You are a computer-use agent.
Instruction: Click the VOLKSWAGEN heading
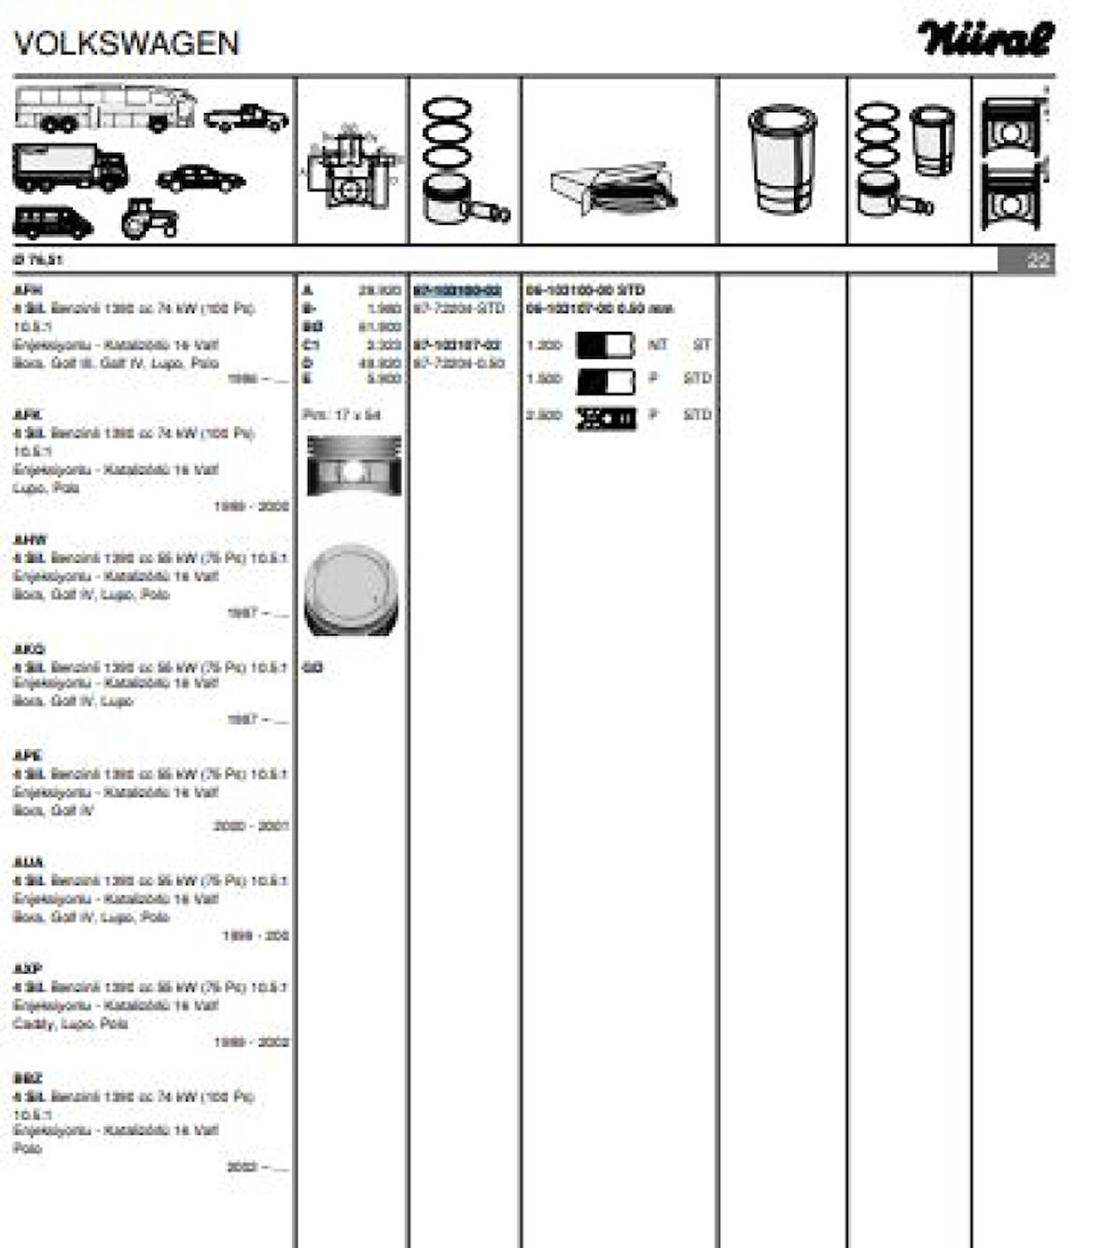click(x=127, y=43)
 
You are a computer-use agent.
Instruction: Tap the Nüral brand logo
click(x=985, y=39)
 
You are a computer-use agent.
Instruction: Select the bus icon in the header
click(x=105, y=108)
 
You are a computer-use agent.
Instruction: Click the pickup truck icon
click(x=246, y=118)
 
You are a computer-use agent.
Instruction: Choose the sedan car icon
click(x=201, y=178)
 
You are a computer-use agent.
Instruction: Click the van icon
click(x=52, y=222)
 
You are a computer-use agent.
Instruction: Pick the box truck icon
click(x=70, y=167)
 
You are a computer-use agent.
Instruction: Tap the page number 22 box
click(x=1026, y=260)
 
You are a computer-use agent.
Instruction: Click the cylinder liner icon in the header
click(x=782, y=159)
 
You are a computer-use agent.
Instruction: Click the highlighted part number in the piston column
click(x=457, y=291)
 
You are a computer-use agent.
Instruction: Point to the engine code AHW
click(x=30, y=540)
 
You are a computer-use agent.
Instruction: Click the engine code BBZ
click(x=28, y=1078)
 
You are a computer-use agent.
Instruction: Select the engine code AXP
click(x=28, y=969)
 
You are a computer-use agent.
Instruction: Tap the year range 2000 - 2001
click(x=251, y=826)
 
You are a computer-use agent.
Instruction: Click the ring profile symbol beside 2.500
click(x=606, y=417)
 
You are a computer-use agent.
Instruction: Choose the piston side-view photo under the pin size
click(x=354, y=465)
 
